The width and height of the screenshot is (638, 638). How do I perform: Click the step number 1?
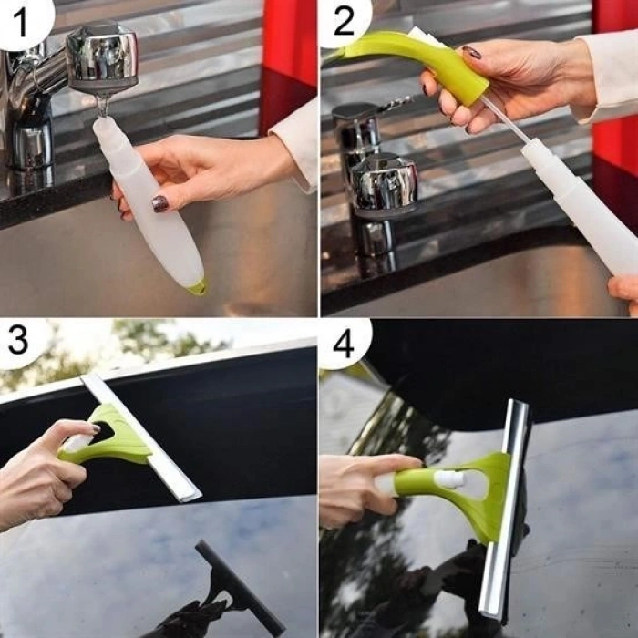click(19, 17)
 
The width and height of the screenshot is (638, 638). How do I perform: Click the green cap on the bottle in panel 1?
click(197, 288)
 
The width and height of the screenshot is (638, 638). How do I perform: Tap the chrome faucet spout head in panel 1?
click(101, 57)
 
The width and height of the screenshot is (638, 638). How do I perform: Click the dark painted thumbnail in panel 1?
click(160, 203)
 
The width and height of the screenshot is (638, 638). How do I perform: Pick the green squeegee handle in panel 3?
click(115, 437)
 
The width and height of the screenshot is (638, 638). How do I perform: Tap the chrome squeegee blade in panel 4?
click(507, 510)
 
